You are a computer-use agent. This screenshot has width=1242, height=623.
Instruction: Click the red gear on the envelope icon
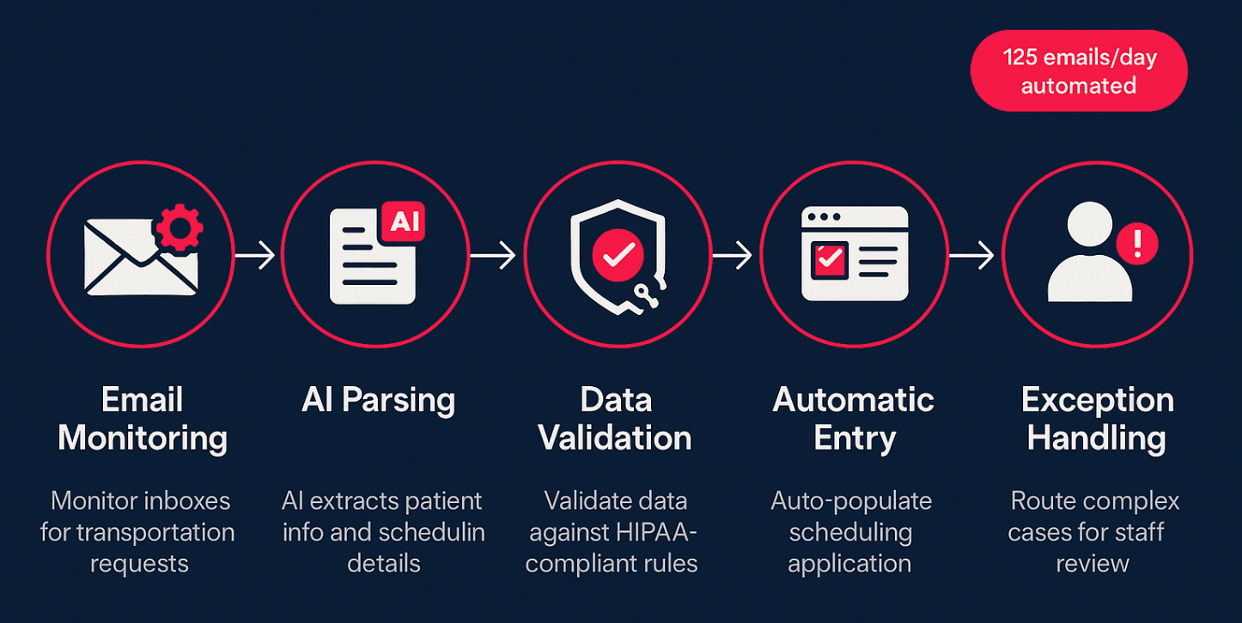click(x=178, y=227)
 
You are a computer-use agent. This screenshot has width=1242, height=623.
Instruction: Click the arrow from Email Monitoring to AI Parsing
click(x=255, y=255)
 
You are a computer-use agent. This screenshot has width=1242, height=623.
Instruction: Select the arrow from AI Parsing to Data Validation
click(x=493, y=255)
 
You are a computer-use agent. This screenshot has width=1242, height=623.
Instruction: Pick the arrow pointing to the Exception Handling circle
click(x=971, y=255)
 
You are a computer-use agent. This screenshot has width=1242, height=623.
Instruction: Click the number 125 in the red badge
click(x=1022, y=58)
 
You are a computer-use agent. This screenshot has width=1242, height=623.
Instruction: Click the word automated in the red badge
click(x=1079, y=86)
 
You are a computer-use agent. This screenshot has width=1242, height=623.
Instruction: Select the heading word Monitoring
click(x=143, y=439)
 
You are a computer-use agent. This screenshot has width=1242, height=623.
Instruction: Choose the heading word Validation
click(x=615, y=439)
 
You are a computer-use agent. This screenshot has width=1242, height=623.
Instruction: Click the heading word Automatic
click(x=854, y=401)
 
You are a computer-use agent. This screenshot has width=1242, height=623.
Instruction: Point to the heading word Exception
click(x=1097, y=401)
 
